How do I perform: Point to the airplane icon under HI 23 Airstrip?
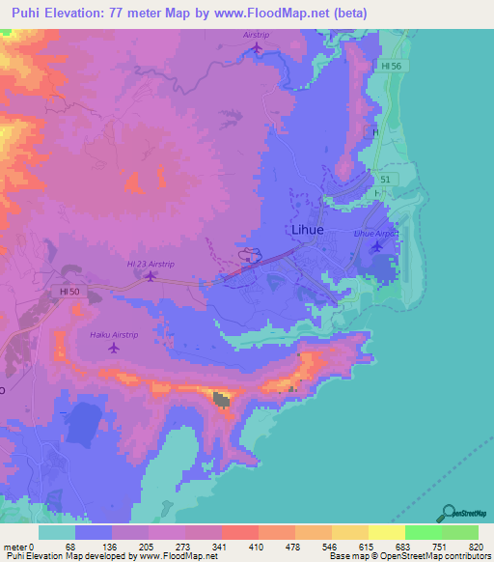[151, 276]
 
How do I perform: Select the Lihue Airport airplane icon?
[376, 247]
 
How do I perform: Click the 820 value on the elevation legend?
[475, 546]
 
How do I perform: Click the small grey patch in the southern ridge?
[222, 399]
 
